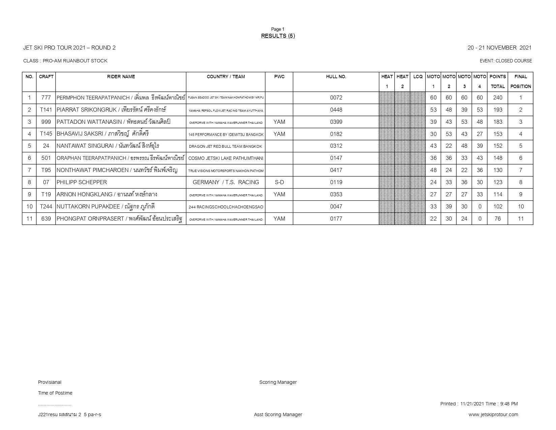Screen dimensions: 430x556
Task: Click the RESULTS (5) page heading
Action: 278,36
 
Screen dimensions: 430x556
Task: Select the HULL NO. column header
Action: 336,77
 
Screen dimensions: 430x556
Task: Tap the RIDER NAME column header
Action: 121,77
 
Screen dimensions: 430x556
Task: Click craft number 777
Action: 46,98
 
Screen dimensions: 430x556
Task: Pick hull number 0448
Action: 336,110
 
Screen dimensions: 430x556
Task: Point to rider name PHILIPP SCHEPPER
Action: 82,182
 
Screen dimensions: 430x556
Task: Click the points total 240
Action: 497,98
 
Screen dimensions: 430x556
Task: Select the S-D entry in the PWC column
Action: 279,182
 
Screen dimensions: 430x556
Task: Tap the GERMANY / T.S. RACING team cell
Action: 226,182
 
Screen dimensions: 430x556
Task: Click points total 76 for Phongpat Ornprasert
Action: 497,219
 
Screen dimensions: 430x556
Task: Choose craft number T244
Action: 46,207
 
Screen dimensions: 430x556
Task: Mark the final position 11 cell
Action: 521,219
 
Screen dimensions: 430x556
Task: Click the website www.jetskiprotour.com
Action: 493,414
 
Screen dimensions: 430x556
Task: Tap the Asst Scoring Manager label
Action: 278,414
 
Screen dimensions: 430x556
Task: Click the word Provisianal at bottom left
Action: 50,382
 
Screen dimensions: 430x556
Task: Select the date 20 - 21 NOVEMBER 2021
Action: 499,48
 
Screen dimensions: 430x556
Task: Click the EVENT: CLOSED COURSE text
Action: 505,61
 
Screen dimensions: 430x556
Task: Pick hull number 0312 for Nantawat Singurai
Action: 336,146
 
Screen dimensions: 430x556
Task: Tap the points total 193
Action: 497,110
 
